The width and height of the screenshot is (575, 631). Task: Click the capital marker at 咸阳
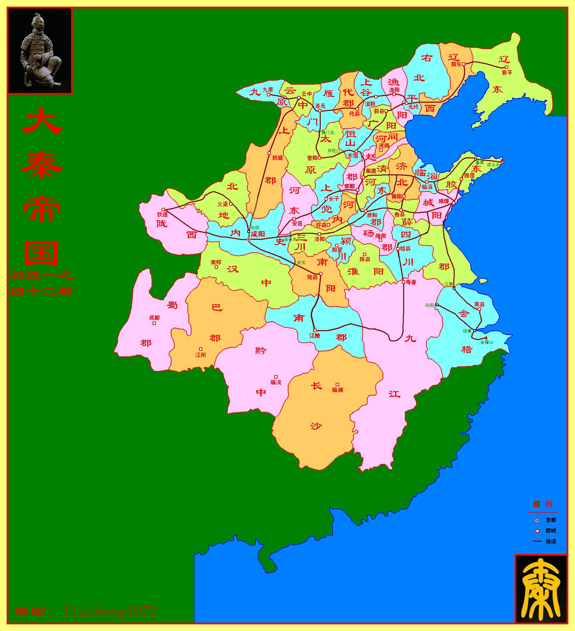pos(249,239)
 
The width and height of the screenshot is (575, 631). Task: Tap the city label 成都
pos(155,318)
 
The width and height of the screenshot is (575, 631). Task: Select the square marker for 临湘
pos(337,385)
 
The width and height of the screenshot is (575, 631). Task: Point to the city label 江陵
pos(315,336)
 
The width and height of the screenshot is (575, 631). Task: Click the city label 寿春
pos(411,282)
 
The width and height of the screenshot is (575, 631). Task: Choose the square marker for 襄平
pos(507,67)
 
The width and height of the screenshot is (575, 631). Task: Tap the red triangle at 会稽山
pos(486,338)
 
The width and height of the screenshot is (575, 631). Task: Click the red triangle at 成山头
pos(502,161)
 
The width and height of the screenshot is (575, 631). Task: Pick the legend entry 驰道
pos(550,541)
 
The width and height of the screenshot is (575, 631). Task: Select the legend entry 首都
pos(550,520)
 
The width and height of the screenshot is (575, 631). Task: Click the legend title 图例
pos(543,504)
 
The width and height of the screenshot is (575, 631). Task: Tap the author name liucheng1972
pos(110,611)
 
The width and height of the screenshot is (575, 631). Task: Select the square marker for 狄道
pos(163,210)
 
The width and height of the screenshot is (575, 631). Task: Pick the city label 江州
pos(201,355)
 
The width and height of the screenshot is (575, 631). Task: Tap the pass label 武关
pos(301,262)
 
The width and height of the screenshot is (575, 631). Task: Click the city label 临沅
pos(276,382)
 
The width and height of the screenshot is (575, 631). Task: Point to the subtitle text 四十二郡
pos(42,292)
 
